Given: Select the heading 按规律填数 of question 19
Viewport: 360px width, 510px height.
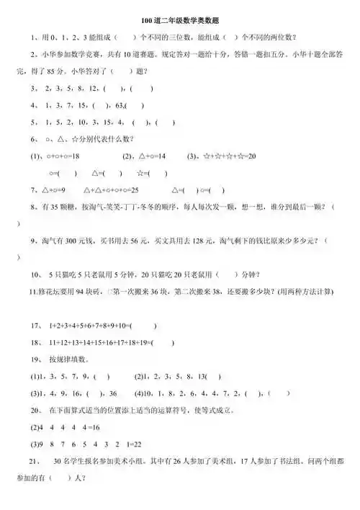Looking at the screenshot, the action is coord(70,359).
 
